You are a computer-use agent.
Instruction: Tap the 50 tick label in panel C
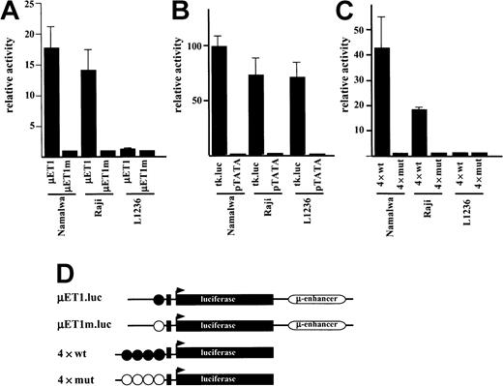coord(374,31)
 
